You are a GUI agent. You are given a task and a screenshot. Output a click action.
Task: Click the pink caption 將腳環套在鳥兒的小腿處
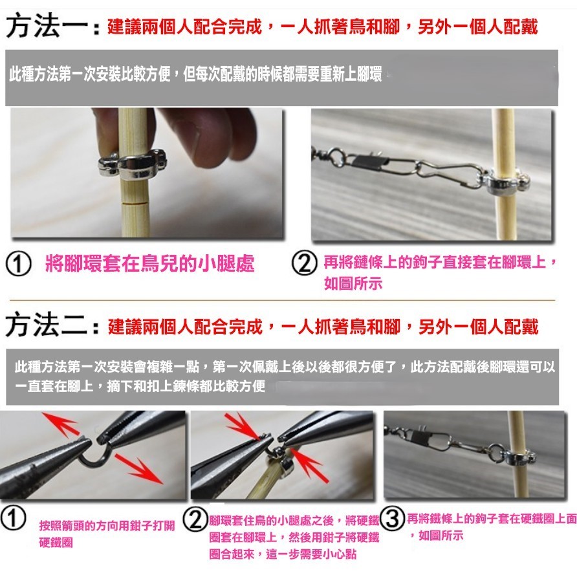point(149,264)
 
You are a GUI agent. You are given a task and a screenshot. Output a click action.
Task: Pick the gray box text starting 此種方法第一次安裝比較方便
point(195,74)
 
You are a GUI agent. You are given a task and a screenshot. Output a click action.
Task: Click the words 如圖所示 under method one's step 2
point(353,284)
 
